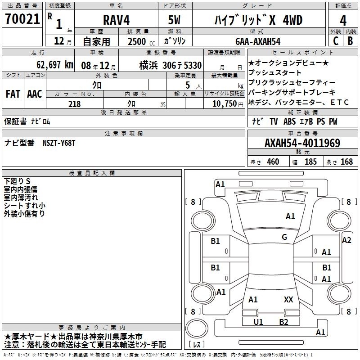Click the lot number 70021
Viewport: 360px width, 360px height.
[x=22, y=19]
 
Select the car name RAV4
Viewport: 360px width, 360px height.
[x=117, y=20]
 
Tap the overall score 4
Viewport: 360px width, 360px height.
[x=343, y=21]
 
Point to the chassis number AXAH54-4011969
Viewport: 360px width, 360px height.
[x=302, y=143]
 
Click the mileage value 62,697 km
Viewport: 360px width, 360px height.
[x=55, y=65]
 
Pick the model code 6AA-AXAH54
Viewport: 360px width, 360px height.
[x=258, y=41]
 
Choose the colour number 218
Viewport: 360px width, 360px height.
[x=74, y=104]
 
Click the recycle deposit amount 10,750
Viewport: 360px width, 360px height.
[x=225, y=104]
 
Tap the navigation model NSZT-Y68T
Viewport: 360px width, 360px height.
[x=59, y=143]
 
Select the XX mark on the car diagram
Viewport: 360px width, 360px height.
[x=288, y=300]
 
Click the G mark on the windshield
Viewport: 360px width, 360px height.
[x=284, y=237]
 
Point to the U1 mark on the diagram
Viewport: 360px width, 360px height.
[x=258, y=322]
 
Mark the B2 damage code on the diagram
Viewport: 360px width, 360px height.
[x=283, y=322]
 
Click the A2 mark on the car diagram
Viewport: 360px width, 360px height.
[x=346, y=240]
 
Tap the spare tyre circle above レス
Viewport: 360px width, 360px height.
[x=197, y=328]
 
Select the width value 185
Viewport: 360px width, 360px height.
[x=310, y=162]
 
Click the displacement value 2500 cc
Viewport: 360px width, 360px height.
[x=141, y=41]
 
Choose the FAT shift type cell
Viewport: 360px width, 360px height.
[x=13, y=94]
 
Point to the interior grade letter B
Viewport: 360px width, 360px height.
[x=350, y=41]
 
